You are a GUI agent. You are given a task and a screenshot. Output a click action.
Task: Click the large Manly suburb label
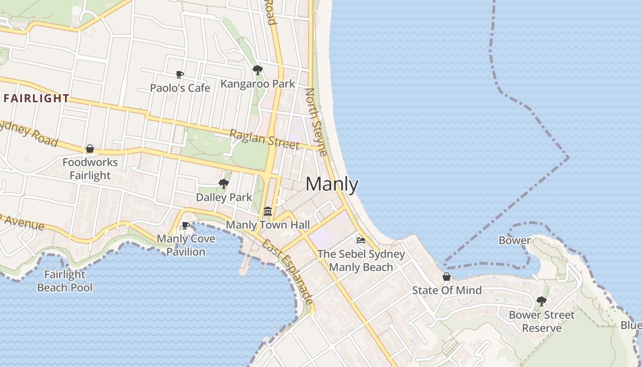pyautogui.click(x=332, y=184)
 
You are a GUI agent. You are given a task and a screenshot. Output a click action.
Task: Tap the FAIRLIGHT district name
pyautogui.click(x=37, y=98)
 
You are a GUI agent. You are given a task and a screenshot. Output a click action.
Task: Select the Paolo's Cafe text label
pyautogui.click(x=180, y=88)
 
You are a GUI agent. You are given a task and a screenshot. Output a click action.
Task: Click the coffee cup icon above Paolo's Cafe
pyautogui.click(x=180, y=74)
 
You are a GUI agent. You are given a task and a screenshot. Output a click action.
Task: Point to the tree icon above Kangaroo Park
pyautogui.click(x=258, y=70)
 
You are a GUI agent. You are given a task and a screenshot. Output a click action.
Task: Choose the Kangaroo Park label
pyautogui.click(x=258, y=84)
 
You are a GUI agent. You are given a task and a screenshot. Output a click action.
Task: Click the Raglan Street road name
pyautogui.click(x=264, y=139)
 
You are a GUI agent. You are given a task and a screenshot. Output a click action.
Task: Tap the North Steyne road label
pyautogui.click(x=316, y=122)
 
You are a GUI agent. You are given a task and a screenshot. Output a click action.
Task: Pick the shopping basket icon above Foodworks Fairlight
pyautogui.click(x=90, y=149)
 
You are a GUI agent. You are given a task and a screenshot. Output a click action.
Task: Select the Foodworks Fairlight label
pyautogui.click(x=90, y=169)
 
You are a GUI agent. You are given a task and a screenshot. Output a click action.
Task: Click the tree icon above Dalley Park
pyautogui.click(x=224, y=184)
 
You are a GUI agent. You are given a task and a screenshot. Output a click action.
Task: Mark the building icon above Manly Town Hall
pyautogui.click(x=268, y=211)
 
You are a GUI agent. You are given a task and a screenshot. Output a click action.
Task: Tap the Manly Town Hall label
pyautogui.click(x=268, y=225)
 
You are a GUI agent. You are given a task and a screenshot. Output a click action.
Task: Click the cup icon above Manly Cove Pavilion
pyautogui.click(x=185, y=225)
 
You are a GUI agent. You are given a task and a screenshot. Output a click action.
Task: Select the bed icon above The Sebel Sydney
pyautogui.click(x=361, y=240)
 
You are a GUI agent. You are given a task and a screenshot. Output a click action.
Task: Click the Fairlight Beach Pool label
pyautogui.click(x=65, y=281)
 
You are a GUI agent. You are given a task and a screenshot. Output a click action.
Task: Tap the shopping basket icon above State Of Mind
pyautogui.click(x=447, y=277)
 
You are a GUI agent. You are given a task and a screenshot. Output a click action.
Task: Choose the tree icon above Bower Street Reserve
pyautogui.click(x=542, y=301)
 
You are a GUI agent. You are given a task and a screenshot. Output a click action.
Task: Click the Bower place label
pyautogui.click(x=515, y=240)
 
